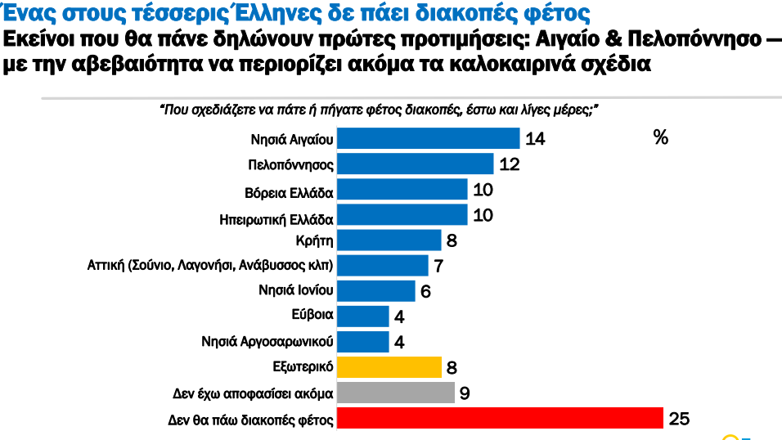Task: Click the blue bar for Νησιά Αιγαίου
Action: (428, 138)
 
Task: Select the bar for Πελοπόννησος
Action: (415, 164)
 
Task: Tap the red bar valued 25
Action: (499, 419)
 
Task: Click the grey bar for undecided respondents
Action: (395, 393)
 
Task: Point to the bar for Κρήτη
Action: (389, 240)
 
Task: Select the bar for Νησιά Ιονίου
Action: (375, 290)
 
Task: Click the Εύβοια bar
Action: (362, 317)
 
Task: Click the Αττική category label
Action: (210, 266)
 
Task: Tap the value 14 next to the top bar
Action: (535, 139)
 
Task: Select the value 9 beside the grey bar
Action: (464, 393)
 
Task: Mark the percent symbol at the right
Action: (661, 137)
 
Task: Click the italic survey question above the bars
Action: (379, 110)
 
